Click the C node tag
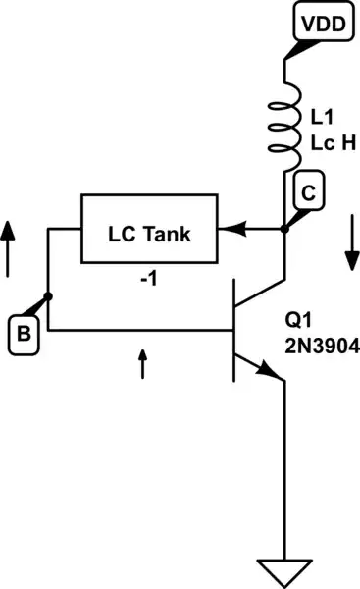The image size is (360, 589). point(308,194)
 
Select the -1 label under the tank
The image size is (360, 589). point(149,279)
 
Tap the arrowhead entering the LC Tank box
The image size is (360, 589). point(227,232)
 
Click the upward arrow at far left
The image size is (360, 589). point(8,245)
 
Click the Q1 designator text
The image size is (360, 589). point(298,321)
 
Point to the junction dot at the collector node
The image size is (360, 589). point(284,231)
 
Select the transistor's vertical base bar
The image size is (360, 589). point(235,330)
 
